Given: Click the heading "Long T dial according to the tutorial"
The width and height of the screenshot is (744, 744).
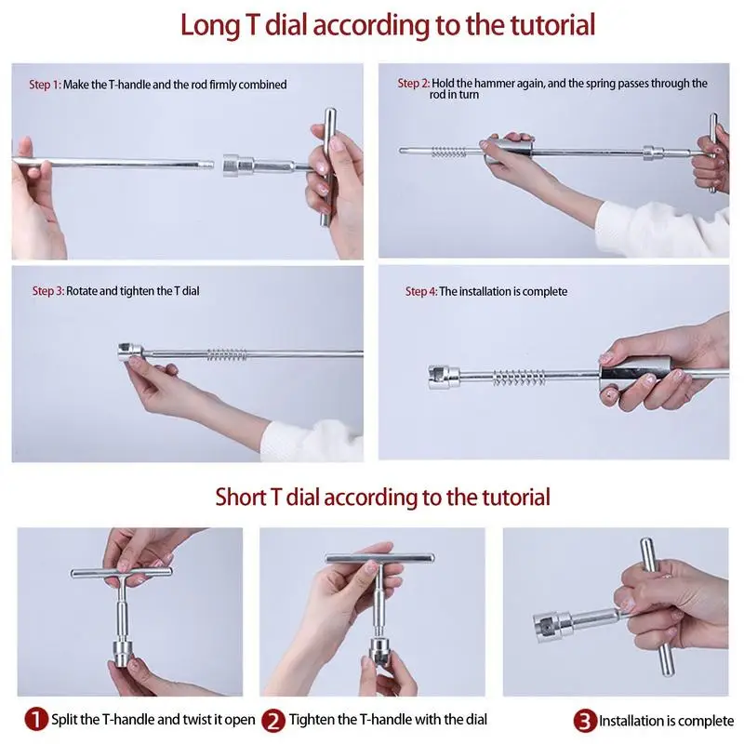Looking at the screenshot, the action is pyautogui.click(x=388, y=25).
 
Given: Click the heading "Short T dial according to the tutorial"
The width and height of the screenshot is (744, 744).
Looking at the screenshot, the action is pyautogui.click(x=382, y=498).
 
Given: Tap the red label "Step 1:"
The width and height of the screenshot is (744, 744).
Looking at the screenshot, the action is pyautogui.click(x=45, y=85).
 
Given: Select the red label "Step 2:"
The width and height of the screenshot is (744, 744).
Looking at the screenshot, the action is pyautogui.click(x=413, y=84).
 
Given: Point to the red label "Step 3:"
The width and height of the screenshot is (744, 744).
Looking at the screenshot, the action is pyautogui.click(x=48, y=291).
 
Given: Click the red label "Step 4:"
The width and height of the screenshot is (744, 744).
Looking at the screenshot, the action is pyautogui.click(x=421, y=291).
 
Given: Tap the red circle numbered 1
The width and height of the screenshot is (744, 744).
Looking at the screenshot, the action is pyautogui.click(x=36, y=719).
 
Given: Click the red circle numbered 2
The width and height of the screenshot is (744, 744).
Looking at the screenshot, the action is pyautogui.click(x=273, y=720).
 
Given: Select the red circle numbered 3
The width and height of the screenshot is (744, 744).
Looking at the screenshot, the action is pyautogui.click(x=585, y=721).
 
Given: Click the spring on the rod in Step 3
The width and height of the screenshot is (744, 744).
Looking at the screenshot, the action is pyautogui.click(x=227, y=354).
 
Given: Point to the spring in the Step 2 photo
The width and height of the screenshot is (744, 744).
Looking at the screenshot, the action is pyautogui.click(x=449, y=153).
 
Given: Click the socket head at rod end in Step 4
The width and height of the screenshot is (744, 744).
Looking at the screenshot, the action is pyautogui.click(x=445, y=378).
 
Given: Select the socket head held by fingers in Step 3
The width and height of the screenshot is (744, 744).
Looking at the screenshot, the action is pyautogui.click(x=130, y=352).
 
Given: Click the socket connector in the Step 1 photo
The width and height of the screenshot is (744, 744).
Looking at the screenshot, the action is pyautogui.click(x=239, y=166).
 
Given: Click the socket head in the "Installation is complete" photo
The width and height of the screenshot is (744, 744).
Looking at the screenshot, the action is pyautogui.click(x=552, y=626).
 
